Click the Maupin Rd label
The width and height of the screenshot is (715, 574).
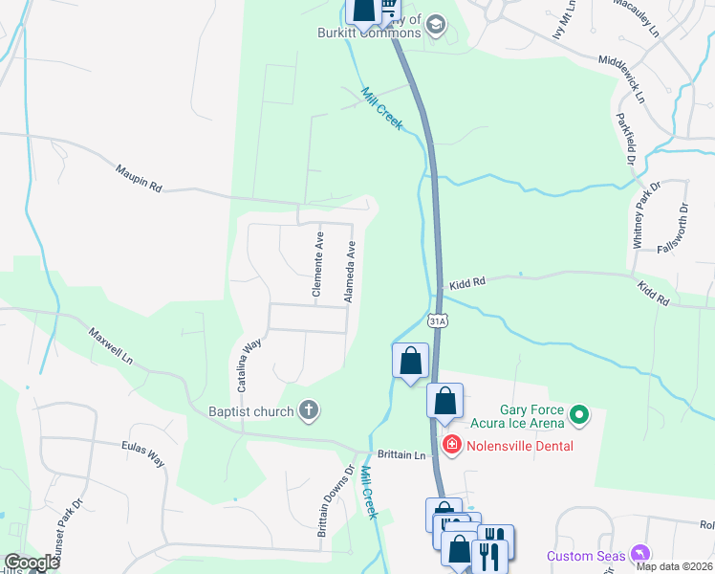coord(139,176)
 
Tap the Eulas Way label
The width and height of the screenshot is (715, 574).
coord(142,454)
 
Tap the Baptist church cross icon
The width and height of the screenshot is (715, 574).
coord(308,411)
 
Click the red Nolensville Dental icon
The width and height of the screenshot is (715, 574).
coord(451,445)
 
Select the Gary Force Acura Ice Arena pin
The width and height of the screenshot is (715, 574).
coord(578,415)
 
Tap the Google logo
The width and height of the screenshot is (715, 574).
coord(32,563)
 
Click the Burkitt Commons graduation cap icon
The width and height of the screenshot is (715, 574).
coord(436,24)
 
